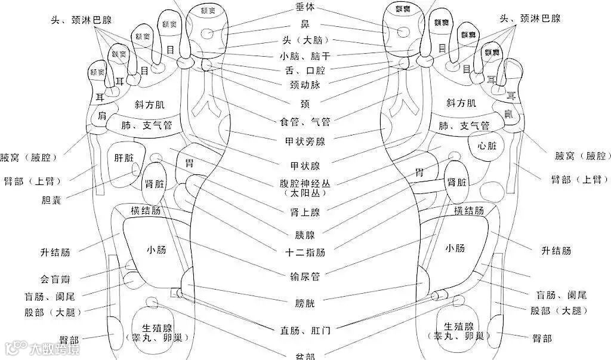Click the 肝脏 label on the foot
pyautogui.click(x=128, y=158)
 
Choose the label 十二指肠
pyautogui.click(x=305, y=253)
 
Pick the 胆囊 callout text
pyautogui.click(x=47, y=199)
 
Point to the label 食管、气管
pyautogui.click(x=305, y=122)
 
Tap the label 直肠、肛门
pyautogui.click(x=305, y=330)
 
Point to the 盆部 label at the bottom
pyautogui.click(x=305, y=356)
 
